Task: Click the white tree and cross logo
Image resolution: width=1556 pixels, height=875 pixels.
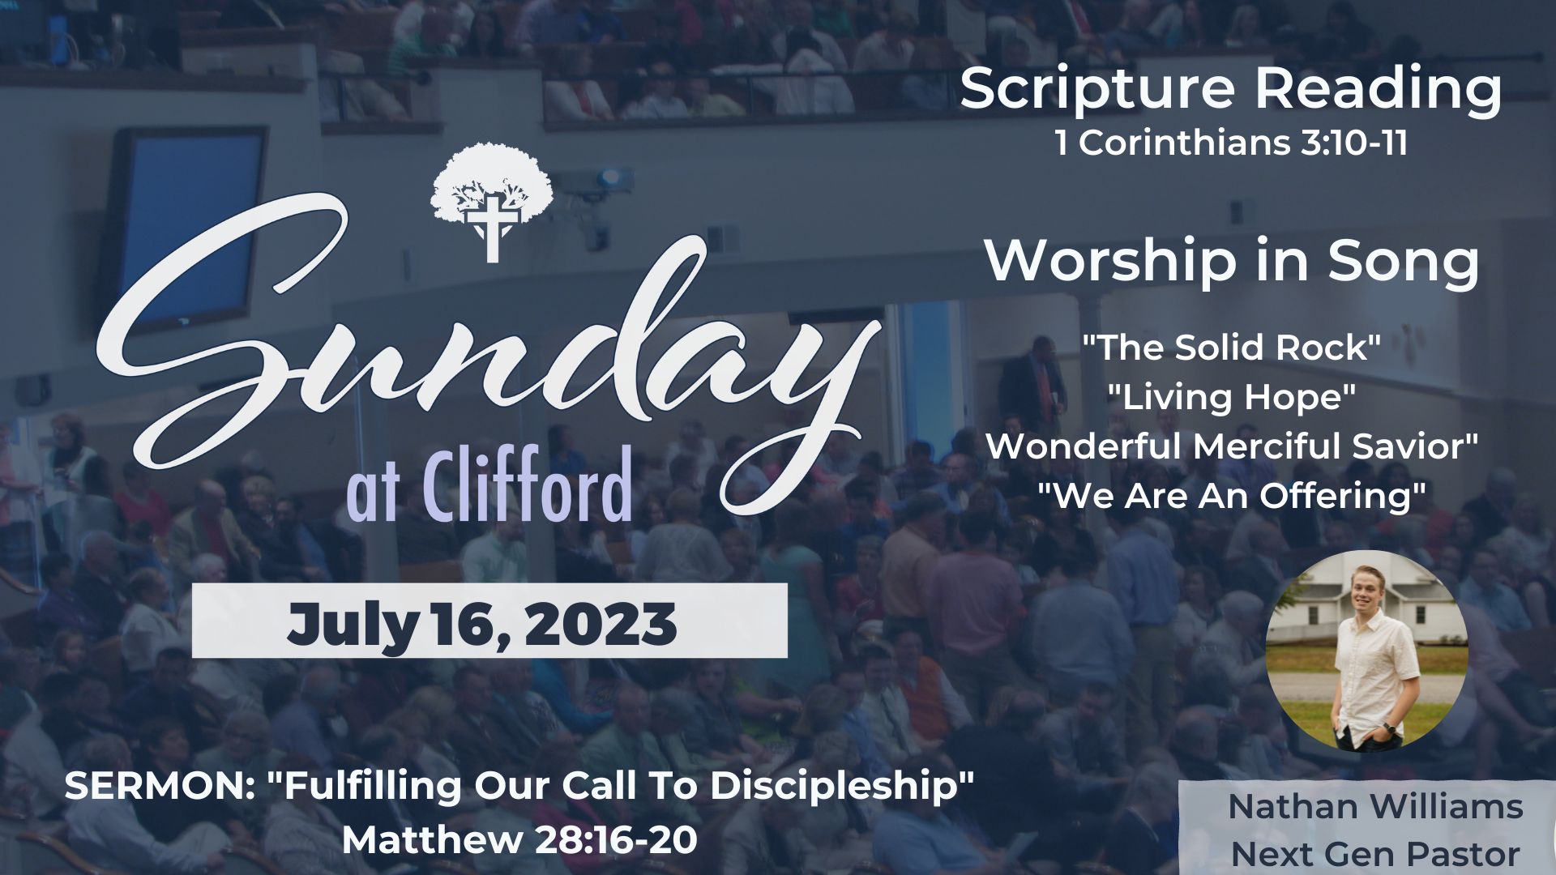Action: click(492, 202)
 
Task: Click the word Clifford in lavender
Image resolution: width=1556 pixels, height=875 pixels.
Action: click(526, 484)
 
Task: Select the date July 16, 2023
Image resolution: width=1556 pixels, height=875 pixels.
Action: click(481, 624)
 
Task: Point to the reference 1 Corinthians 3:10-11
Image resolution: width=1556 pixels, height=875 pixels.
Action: click(1231, 143)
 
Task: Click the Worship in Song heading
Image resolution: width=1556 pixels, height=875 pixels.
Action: click(1232, 261)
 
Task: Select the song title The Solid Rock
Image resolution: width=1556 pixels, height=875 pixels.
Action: click(1232, 348)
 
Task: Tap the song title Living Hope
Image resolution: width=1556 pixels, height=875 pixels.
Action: click(1232, 397)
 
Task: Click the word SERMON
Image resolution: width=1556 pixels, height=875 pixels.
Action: click(154, 787)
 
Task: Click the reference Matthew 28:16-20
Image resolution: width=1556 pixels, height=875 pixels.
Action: click(519, 840)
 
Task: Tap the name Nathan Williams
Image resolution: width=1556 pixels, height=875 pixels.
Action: click(1375, 807)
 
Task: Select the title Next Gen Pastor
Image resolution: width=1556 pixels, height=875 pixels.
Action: click(1375, 854)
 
